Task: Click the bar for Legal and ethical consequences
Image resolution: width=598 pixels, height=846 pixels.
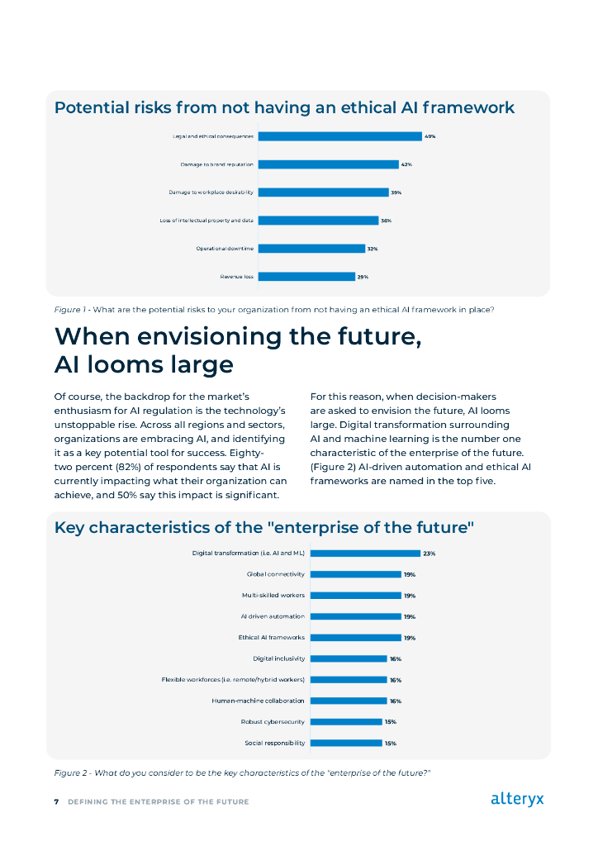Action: [339, 136]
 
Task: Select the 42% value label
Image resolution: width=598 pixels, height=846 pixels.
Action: [406, 164]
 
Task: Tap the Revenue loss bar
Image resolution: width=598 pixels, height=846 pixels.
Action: [307, 277]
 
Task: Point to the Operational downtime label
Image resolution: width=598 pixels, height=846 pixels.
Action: [225, 249]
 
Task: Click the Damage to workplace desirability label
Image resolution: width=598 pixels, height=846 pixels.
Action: [211, 192]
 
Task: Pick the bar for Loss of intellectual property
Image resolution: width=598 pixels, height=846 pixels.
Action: [318, 221]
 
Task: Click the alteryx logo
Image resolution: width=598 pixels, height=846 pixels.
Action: [517, 799]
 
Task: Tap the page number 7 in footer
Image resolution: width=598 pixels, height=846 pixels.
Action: [56, 801]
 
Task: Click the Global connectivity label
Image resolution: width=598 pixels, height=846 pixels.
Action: [276, 574]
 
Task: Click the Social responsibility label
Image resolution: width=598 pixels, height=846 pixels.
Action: [275, 743]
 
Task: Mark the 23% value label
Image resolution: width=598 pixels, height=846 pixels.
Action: [430, 554]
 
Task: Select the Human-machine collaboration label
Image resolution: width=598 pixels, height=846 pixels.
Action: [258, 701]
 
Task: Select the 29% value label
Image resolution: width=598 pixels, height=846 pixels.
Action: [363, 277]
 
